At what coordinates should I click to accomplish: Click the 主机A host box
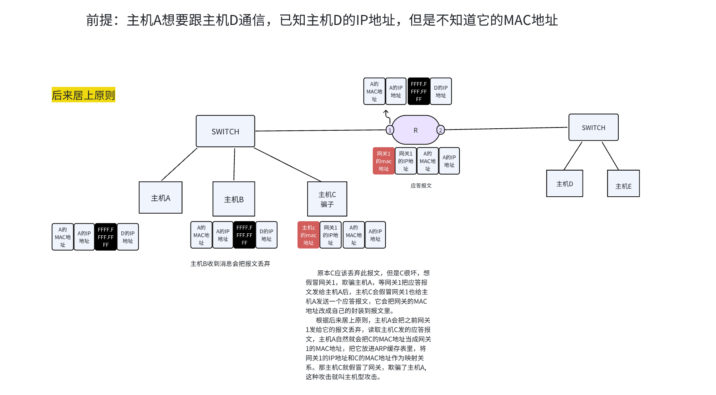(160, 197)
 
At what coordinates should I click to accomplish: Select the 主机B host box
(234, 199)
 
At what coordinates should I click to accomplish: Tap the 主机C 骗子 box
(327, 199)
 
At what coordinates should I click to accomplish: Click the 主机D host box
(564, 183)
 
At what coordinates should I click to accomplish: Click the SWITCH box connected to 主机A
(225, 131)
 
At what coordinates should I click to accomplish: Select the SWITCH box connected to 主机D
(593, 128)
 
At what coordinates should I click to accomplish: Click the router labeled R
(415, 130)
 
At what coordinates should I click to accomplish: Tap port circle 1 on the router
(390, 130)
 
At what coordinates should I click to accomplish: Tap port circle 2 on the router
(441, 130)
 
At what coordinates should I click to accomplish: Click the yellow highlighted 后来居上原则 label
(83, 95)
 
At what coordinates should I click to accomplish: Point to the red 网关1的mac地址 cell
(384, 161)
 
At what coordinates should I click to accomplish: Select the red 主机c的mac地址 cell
(308, 235)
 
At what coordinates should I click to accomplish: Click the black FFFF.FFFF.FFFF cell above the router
(419, 91)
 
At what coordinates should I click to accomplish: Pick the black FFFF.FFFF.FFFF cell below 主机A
(106, 237)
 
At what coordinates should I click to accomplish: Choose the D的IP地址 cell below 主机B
(266, 235)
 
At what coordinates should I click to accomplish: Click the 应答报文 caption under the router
(421, 185)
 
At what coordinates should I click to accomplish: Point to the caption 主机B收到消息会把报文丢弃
(230, 263)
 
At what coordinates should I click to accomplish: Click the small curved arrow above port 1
(387, 115)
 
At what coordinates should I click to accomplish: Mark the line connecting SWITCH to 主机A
(179, 164)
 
